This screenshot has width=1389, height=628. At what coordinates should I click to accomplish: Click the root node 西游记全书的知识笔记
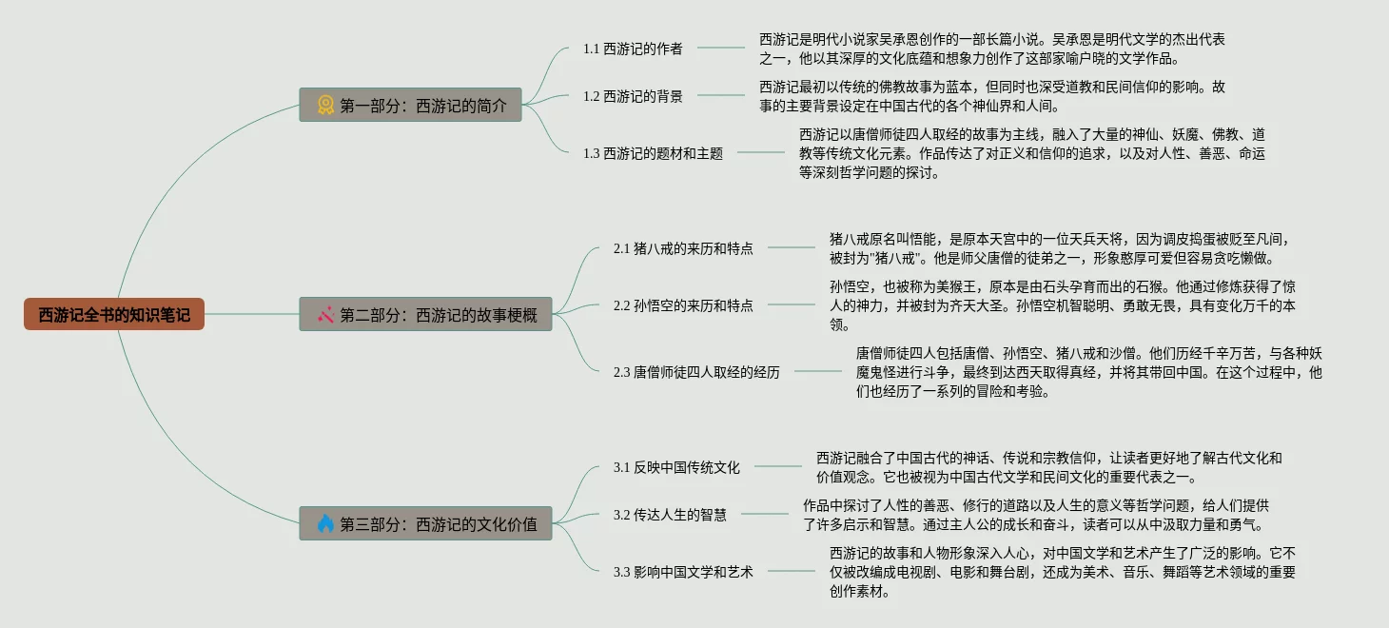pos(114,314)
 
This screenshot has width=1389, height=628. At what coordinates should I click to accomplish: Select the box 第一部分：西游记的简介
pos(411,105)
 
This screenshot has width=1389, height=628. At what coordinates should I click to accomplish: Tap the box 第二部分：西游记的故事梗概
pos(411,314)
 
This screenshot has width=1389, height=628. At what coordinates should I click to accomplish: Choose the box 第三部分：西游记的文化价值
pos(411,523)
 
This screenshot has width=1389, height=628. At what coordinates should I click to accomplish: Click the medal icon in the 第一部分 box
pos(325,105)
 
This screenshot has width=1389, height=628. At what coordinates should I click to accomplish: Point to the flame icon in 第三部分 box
pos(325,523)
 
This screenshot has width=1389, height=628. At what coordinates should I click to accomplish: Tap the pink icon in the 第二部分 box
pos(325,314)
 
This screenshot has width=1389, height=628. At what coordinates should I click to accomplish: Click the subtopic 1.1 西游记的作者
pos(633,49)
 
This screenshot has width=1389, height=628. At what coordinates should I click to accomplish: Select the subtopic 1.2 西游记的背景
pos(633,96)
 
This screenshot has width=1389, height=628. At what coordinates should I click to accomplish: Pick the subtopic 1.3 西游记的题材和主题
pos(653,153)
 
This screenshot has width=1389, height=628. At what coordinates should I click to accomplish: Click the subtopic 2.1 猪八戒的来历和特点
pos(683,248)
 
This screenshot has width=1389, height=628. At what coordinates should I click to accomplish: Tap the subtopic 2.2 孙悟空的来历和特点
pos(683,305)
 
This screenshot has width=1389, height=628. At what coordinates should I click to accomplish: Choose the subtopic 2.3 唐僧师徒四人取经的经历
pos(696,372)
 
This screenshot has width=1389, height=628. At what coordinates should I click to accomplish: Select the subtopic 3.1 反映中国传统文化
pos(676,467)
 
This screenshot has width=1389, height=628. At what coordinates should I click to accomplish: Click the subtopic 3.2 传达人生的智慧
pos(670,515)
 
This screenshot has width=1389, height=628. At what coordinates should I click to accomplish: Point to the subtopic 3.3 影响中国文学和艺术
pos(683,572)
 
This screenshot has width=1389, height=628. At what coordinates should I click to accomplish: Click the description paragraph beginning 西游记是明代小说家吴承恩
pos(991,49)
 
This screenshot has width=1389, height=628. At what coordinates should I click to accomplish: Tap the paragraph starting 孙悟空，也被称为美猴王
pos(1062,305)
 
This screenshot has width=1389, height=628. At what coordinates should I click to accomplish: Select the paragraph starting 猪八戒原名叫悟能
pos(1059,248)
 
